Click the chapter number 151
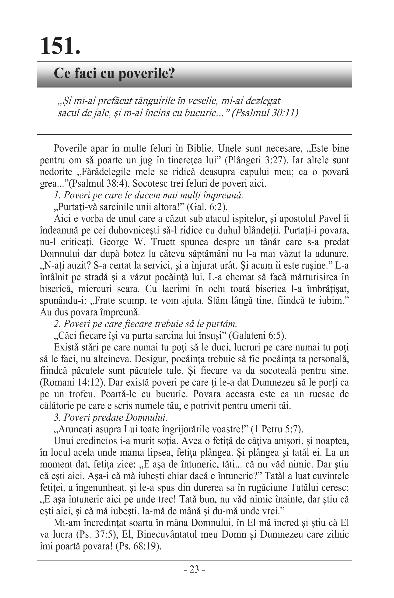(60, 46)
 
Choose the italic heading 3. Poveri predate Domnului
(111, 417)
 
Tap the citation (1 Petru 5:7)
(277, 429)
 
